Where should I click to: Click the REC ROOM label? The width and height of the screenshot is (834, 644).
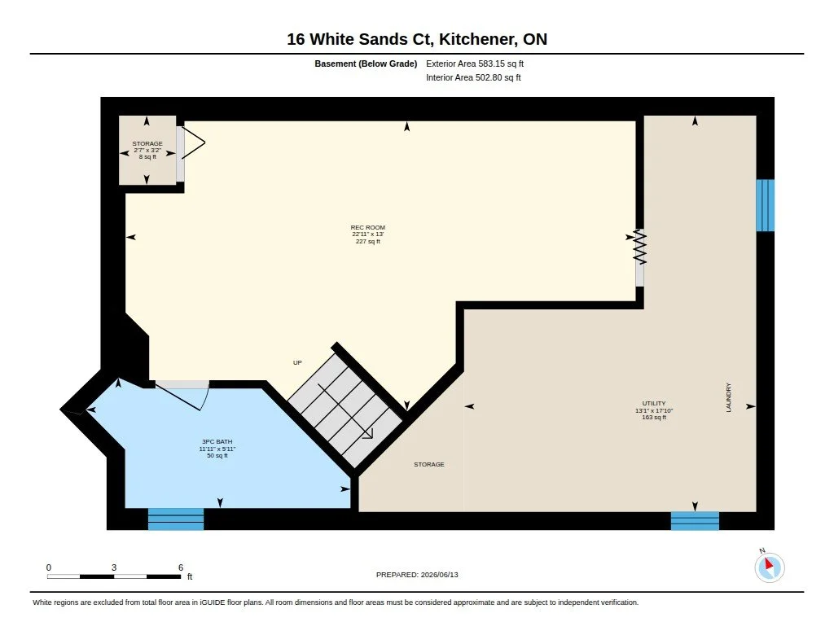click(367, 228)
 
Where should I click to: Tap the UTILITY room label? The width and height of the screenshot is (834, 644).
click(654, 404)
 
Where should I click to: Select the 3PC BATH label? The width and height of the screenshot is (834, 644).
click(217, 442)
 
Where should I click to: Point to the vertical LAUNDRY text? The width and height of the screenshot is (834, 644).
click(729, 397)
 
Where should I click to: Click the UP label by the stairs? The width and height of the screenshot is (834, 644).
click(297, 362)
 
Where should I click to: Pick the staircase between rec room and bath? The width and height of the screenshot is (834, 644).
click(345, 410)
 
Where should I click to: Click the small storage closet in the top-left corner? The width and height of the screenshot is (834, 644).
click(147, 151)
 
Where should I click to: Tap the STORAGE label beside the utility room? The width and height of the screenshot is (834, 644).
click(428, 465)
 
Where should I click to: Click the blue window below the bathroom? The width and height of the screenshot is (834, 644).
click(176, 519)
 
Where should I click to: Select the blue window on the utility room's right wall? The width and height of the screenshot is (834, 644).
click(766, 205)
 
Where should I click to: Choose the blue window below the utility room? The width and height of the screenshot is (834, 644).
click(695, 520)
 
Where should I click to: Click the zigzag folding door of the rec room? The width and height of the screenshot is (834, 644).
click(640, 247)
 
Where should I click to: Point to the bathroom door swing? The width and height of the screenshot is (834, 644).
click(182, 396)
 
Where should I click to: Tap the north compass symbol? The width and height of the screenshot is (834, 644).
click(769, 567)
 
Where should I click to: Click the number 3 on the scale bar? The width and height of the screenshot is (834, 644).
click(114, 567)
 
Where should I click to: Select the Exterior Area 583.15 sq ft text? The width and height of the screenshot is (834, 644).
click(475, 64)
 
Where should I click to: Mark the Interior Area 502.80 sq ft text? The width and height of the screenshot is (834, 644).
click(473, 77)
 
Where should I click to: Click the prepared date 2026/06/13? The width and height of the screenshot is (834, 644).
click(439, 575)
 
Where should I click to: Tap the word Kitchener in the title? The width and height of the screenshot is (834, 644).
click(476, 39)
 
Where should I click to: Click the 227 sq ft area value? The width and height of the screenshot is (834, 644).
click(367, 242)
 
